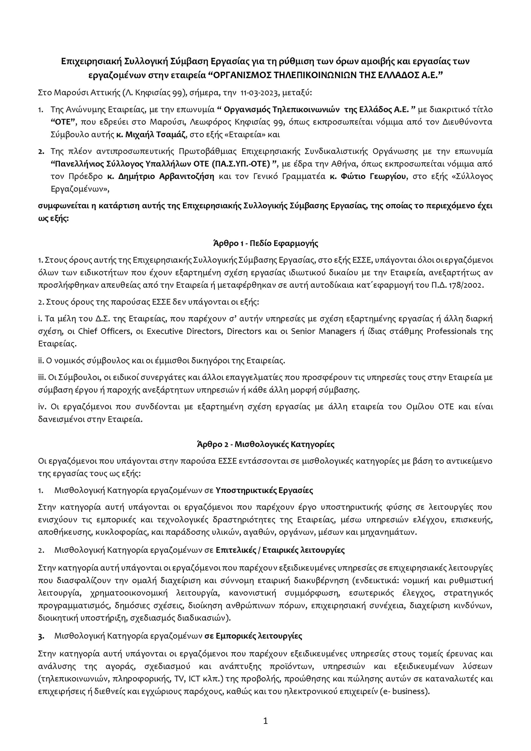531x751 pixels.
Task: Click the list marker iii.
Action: tap(42, 378)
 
